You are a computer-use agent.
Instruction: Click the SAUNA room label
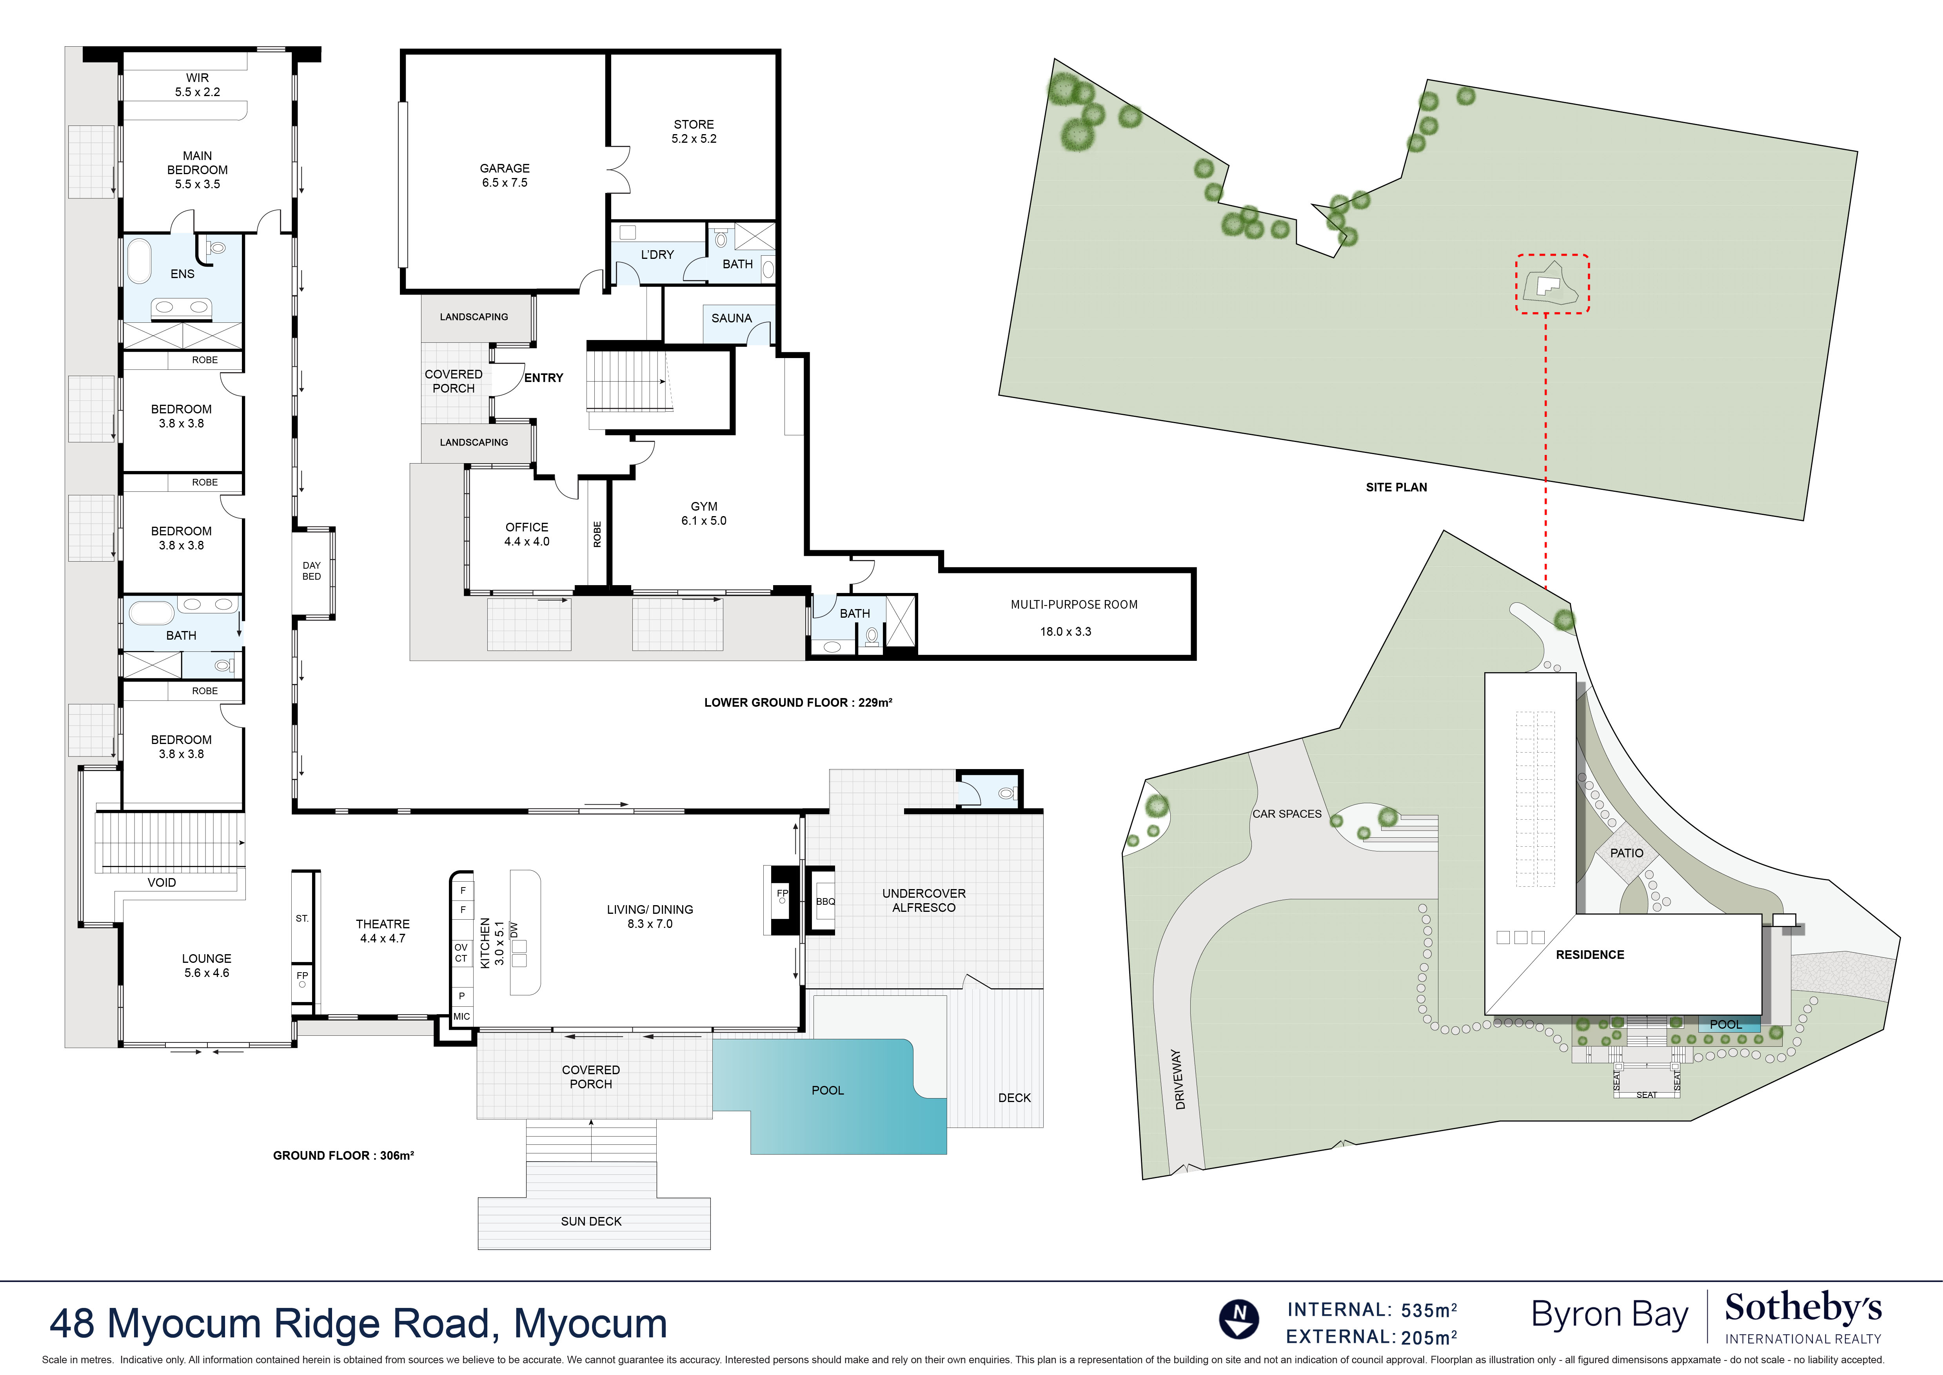pos(731,318)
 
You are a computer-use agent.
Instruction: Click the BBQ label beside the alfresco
pos(825,902)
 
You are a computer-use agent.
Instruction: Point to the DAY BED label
pos(311,571)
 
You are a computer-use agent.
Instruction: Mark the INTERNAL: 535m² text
pos(1371,1310)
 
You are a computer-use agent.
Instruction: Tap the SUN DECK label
pos(591,1221)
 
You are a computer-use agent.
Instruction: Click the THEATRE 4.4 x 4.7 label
pos(383,931)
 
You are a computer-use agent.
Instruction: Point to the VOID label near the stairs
pos(162,882)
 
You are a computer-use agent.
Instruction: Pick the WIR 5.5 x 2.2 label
pos(197,85)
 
